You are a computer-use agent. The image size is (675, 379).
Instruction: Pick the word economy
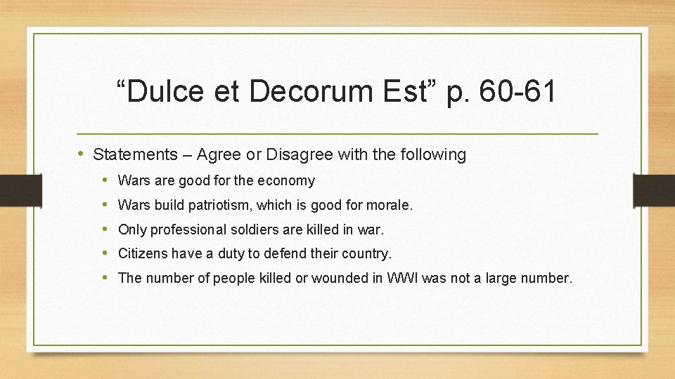point(286,181)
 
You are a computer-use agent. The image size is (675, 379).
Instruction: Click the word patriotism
point(228,206)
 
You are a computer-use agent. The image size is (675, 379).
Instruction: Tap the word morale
point(391,206)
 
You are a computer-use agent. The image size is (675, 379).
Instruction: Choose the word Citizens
point(143,253)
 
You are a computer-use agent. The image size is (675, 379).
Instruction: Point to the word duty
point(224,253)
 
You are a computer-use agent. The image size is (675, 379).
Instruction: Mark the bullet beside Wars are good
point(105,180)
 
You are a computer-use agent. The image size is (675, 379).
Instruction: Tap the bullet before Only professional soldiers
point(105,229)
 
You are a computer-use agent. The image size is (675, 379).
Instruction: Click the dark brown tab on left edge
point(12,189)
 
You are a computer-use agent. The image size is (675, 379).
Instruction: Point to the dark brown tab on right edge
point(654,189)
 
